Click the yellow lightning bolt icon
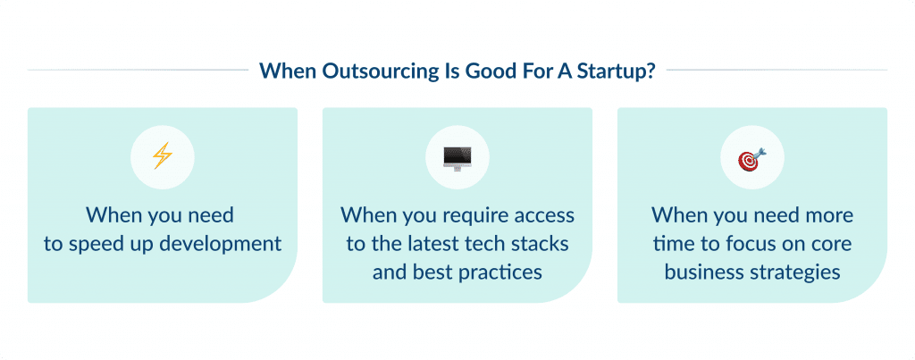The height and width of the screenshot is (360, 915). pyautogui.click(x=162, y=157)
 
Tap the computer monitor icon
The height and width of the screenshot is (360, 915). pyautogui.click(x=457, y=158)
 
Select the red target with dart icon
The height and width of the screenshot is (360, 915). pyautogui.click(x=751, y=159)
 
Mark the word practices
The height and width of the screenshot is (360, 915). pyautogui.click(x=496, y=271)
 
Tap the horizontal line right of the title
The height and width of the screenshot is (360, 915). pyautogui.click(x=776, y=70)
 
